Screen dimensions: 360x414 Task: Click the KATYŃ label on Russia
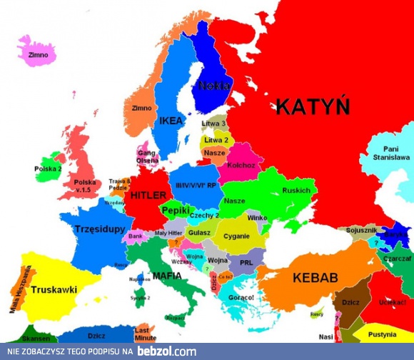tap(313, 107)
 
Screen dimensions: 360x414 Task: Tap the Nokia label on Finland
tap(214, 86)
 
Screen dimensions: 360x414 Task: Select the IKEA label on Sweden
tap(171, 121)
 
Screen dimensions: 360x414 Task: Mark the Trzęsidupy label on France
tap(100, 229)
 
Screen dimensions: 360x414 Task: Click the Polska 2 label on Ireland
tap(48, 169)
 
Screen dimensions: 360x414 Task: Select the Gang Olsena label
tap(148, 157)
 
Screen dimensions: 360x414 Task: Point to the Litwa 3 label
tap(213, 124)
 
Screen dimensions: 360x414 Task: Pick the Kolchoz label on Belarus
tap(240, 165)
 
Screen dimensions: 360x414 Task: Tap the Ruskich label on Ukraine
tap(296, 191)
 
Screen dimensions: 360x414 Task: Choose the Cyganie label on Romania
tap(236, 236)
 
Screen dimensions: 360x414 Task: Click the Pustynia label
tap(387, 334)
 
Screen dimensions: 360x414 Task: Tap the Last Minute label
tap(146, 334)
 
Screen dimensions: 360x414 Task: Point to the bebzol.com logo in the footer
tap(167, 351)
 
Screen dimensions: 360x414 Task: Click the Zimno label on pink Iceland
tap(38, 55)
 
